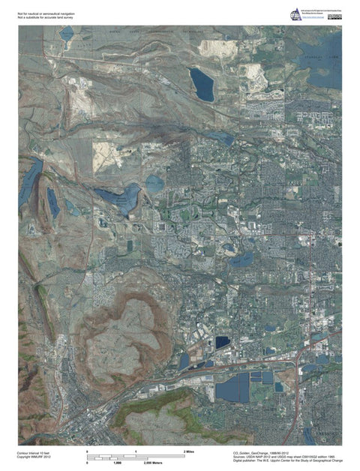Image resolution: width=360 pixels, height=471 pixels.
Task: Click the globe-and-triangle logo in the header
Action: pos(296,16)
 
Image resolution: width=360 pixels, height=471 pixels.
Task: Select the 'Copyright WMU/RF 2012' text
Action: pos(33,458)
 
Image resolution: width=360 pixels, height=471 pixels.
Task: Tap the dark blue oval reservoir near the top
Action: pos(202,85)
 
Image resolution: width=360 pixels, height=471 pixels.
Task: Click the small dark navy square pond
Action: pos(222,341)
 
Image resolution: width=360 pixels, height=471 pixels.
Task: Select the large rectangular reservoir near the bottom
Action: pos(234,388)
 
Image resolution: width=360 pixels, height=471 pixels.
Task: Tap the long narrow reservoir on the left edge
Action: pos(30,184)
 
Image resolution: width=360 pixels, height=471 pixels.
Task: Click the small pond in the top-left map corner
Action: pos(67,34)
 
